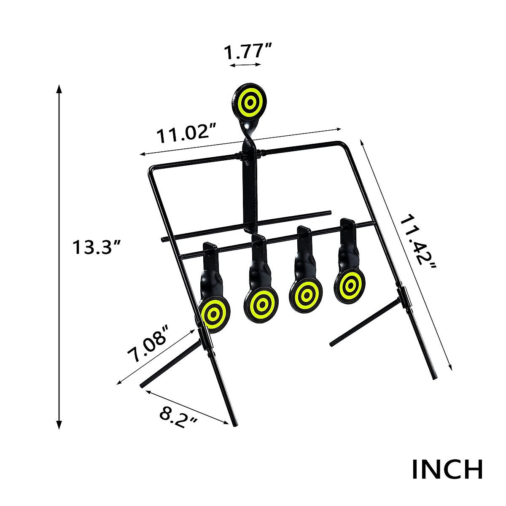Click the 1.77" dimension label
[x=246, y=53]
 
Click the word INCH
[x=447, y=470]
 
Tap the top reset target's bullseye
[x=249, y=101]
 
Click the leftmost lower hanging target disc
[x=215, y=314]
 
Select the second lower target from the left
[x=261, y=304]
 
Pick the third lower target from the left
[x=306, y=294]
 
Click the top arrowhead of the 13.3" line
[x=59, y=89]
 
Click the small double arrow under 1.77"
[x=245, y=65]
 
